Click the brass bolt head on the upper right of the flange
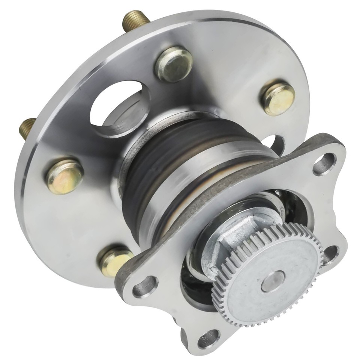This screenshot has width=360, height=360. pyautogui.click(x=278, y=97)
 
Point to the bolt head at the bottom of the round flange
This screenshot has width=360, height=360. pyautogui.click(x=114, y=261)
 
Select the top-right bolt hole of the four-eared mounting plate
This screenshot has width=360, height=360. pyautogui.click(x=324, y=163)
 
